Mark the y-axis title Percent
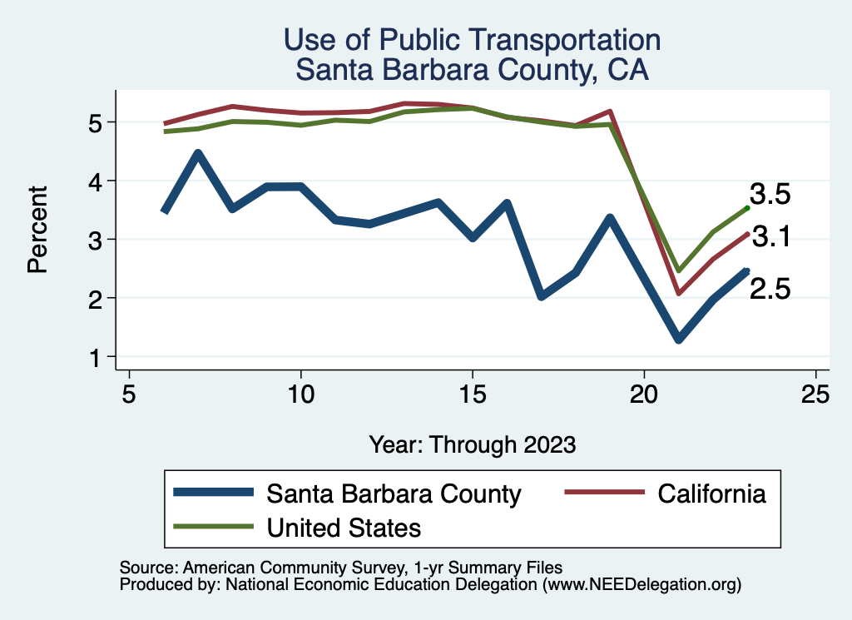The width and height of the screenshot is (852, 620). coord(37,241)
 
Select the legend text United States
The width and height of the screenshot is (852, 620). coord(344,527)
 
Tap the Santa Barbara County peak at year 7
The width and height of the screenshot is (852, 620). coord(198,153)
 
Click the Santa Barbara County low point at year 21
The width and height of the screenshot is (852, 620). coord(679,340)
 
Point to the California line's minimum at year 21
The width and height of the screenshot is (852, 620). coord(679,293)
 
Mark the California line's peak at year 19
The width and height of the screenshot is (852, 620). coord(610,112)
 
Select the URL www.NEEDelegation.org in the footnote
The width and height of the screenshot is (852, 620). coord(641,585)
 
